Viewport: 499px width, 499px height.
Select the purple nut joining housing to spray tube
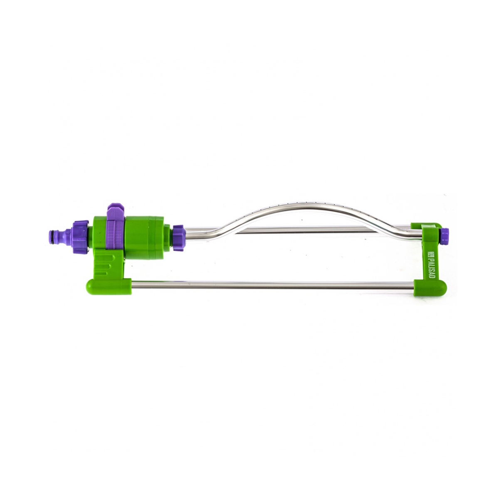(x=179, y=238)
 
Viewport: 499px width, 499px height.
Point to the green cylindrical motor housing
(x=145, y=238)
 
